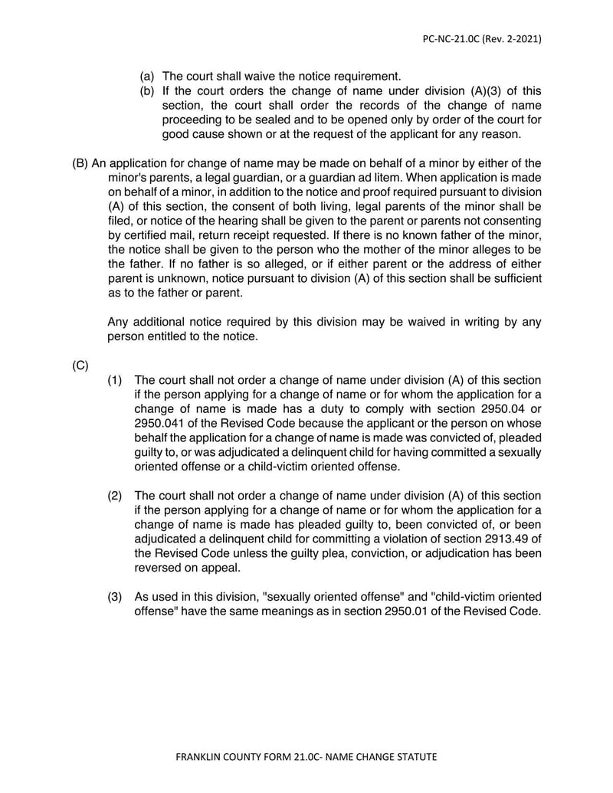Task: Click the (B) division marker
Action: point(80,163)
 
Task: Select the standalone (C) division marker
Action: point(80,366)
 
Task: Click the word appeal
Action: point(221,569)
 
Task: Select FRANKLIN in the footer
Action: point(202,757)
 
